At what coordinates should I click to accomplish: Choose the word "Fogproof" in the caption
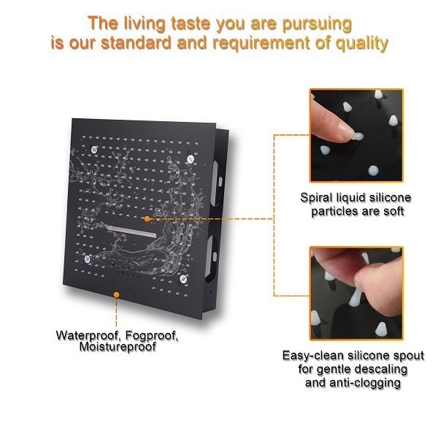pyautogui.click(x=150, y=336)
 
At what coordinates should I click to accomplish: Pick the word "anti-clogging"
pyautogui.click(x=369, y=383)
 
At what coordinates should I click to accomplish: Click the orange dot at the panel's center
pyautogui.click(x=147, y=218)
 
